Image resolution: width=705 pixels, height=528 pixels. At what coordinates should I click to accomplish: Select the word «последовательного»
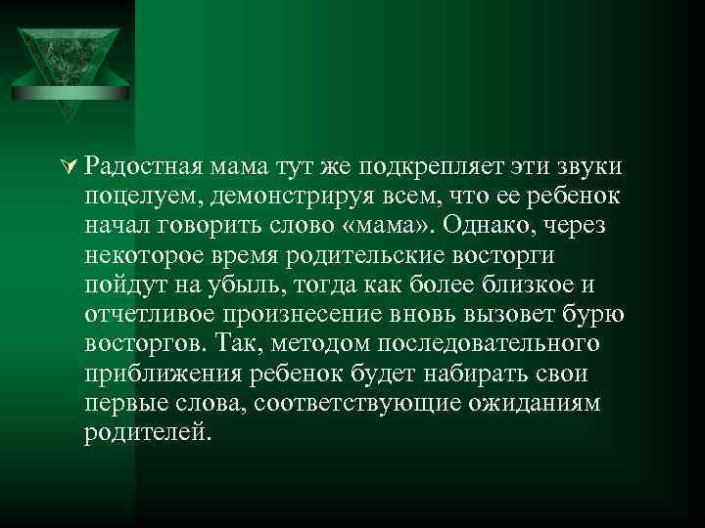click(482, 343)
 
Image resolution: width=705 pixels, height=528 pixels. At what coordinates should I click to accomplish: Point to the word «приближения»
click(160, 374)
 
